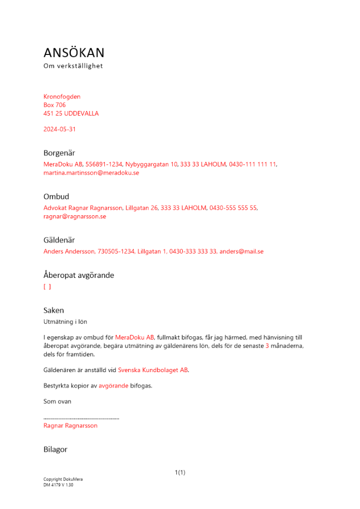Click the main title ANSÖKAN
click(x=74, y=53)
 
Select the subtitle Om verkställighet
click(x=73, y=66)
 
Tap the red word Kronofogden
click(x=62, y=97)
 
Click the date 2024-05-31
click(x=60, y=129)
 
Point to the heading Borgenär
click(x=59, y=153)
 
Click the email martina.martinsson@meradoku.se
click(x=91, y=173)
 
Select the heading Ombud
click(x=56, y=196)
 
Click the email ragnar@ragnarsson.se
click(x=75, y=216)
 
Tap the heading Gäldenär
click(x=59, y=240)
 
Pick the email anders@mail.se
click(x=241, y=251)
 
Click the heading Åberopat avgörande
click(x=78, y=275)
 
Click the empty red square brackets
click(x=47, y=287)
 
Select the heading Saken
click(x=53, y=310)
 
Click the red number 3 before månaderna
click(x=267, y=346)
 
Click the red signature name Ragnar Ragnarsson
click(x=70, y=426)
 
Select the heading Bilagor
click(x=55, y=449)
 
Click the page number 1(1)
click(x=180, y=473)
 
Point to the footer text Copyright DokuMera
click(x=63, y=479)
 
